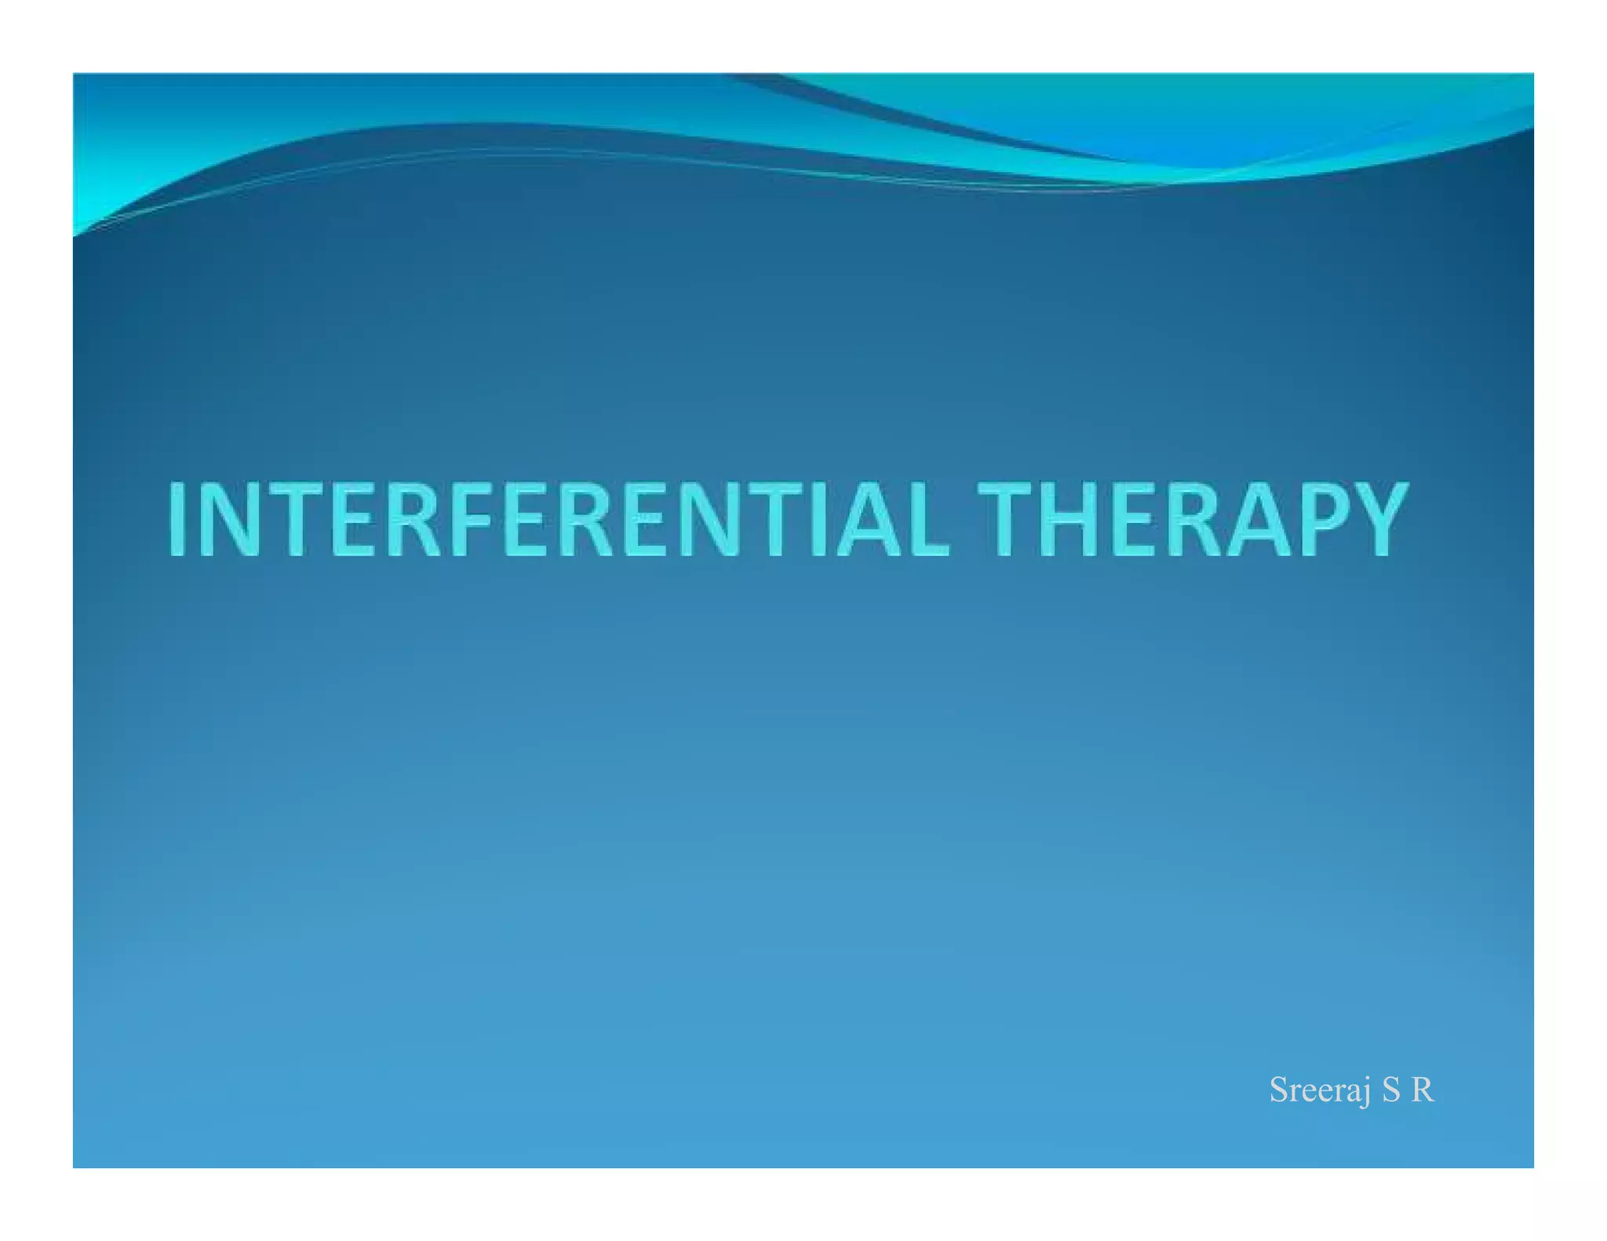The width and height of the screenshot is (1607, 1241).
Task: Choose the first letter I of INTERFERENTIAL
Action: (177, 519)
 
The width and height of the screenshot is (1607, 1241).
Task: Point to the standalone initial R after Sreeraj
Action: (1422, 1090)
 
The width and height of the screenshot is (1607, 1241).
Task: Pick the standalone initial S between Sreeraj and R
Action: (1390, 1090)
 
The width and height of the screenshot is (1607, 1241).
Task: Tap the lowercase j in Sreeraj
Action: (1366, 1092)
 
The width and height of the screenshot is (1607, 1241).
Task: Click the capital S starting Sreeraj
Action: (1280, 1090)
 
